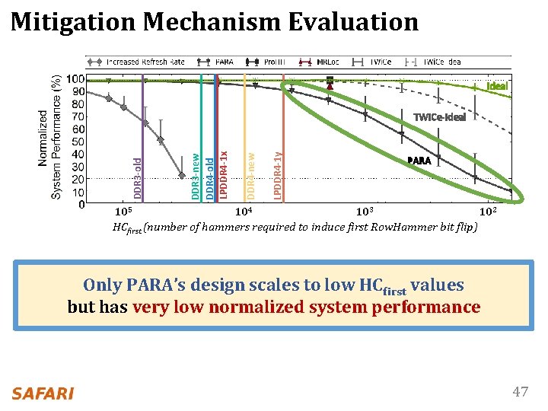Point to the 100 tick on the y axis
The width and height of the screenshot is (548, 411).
coord(75,79)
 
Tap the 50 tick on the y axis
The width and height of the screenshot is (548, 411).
coord(77,142)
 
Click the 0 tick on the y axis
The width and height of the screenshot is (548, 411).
coord(81,204)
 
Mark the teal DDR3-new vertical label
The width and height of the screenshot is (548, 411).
coord(196,167)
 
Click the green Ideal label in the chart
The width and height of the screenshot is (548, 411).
coord(497,87)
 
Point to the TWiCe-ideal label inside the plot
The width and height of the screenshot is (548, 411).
coord(439,117)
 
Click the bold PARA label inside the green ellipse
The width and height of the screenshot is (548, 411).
coord(419,161)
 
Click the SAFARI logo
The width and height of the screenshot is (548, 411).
coord(43,393)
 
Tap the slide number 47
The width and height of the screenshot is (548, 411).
coord(520,392)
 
